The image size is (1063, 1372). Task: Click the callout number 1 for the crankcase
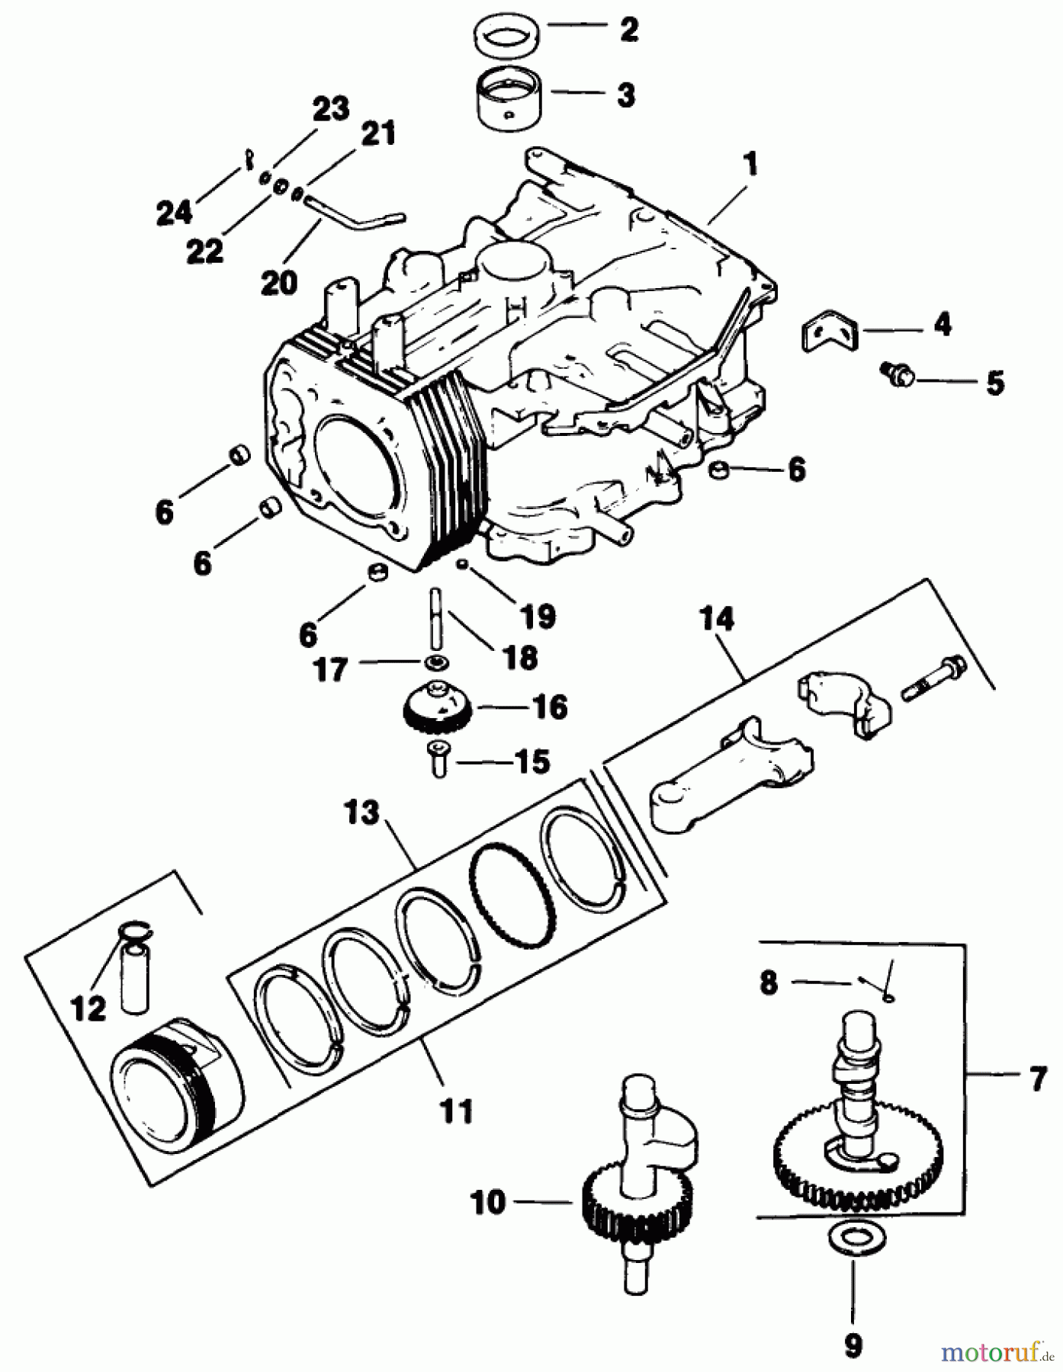(x=750, y=165)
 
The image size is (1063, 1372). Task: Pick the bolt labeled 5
(x=902, y=374)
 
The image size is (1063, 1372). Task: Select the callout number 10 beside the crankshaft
(x=489, y=1204)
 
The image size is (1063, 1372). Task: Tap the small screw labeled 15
(x=438, y=759)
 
